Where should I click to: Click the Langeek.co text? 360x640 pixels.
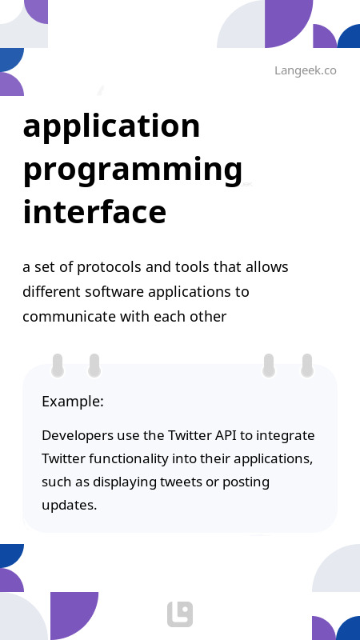point(305,70)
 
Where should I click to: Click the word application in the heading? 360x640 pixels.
point(112,126)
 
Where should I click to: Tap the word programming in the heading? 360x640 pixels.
point(133,170)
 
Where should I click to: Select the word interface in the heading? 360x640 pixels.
point(94,213)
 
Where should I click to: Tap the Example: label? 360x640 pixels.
point(73,402)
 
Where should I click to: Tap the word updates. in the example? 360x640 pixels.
point(69,506)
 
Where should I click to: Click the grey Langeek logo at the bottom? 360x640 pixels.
point(180,614)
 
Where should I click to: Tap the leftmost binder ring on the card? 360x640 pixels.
point(58,366)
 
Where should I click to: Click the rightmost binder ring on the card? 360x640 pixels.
point(306,366)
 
